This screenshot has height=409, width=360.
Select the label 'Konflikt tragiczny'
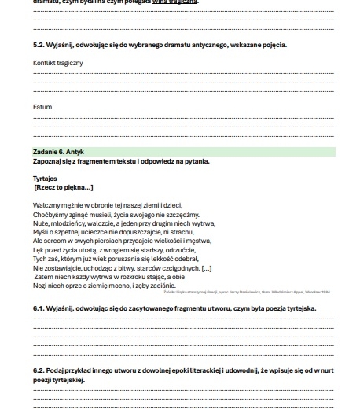(57, 62)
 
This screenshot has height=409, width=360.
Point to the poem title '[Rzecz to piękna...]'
(64, 187)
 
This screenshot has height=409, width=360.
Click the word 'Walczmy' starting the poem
(45, 204)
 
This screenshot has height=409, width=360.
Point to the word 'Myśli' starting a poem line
(40, 232)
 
